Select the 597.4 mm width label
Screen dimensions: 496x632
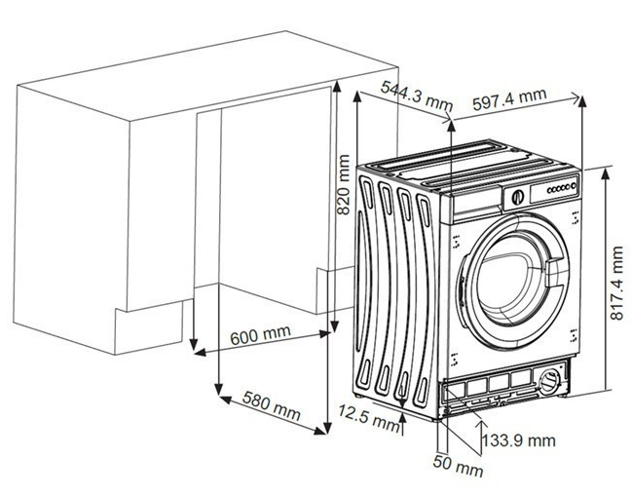[507, 97]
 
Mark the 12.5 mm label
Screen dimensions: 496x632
[367, 420]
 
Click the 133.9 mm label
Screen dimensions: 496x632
[518, 440]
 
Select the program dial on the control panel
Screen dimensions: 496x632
[516, 195]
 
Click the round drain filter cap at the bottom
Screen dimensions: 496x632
[551, 377]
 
